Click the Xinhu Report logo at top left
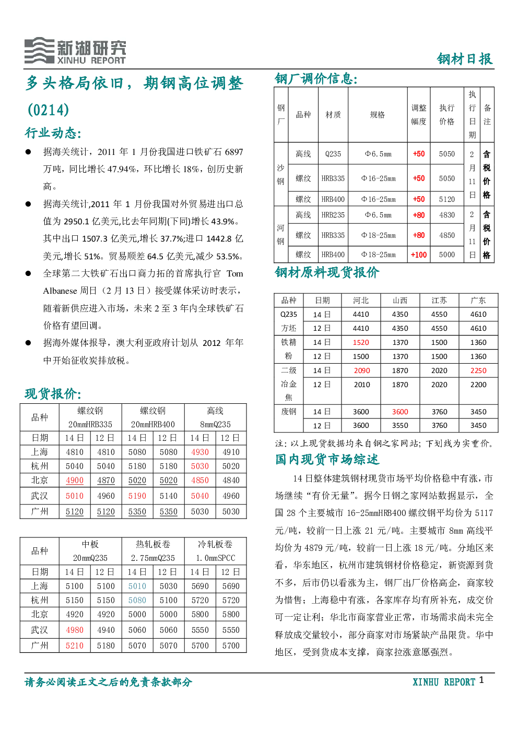pyautogui.click(x=75, y=51)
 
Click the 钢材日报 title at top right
pyautogui.click(x=465, y=59)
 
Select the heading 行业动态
pyautogui.click(x=53, y=133)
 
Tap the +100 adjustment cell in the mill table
pyautogui.click(x=419, y=255)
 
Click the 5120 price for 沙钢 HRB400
pyautogui.click(x=446, y=199)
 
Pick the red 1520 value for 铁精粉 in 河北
pyautogui.click(x=361, y=342)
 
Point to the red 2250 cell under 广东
pyautogui.click(x=478, y=370)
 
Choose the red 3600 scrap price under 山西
pyautogui.click(x=400, y=412)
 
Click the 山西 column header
pyautogui.click(x=400, y=301)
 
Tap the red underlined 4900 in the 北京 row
pyautogui.click(x=75, y=481)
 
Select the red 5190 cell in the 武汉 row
pyautogui.click(x=137, y=496)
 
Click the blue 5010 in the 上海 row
pyautogui.click(x=137, y=586)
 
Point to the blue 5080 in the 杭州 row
pyautogui.click(x=137, y=601)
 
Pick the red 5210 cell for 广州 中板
pyautogui.click(x=75, y=646)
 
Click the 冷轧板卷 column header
pyautogui.click(x=215, y=544)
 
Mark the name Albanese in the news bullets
pyautogui.click(x=60, y=291)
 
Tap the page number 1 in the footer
pyautogui.click(x=481, y=678)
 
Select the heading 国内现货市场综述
pyautogui.click(x=327, y=459)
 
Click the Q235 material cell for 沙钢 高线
pyautogui.click(x=333, y=154)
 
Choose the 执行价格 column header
pyautogui.click(x=446, y=115)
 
